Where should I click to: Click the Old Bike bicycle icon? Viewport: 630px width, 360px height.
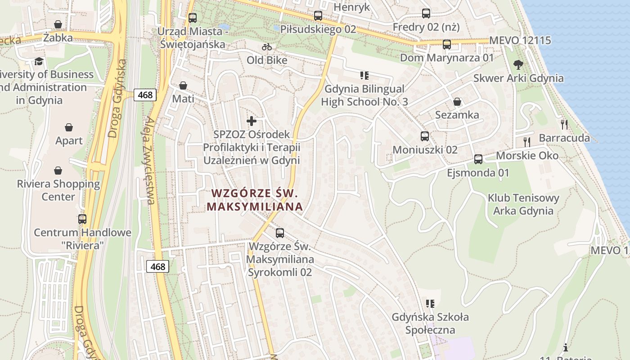coord(267,47)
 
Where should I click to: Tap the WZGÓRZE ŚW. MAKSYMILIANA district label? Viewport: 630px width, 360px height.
coord(255,200)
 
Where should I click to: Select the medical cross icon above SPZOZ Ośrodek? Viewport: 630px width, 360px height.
coord(252,121)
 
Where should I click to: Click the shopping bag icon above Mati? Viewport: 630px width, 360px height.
coord(183,85)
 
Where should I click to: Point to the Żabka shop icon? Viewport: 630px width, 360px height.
coord(58,24)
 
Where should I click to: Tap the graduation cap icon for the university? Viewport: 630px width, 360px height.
coord(39,61)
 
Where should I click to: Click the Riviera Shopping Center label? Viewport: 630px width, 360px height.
coord(58,190)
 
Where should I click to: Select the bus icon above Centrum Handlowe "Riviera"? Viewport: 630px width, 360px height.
coord(82,219)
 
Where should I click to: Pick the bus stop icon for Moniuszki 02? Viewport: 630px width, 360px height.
coord(424,136)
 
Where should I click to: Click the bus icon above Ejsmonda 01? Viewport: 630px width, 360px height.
coord(478,159)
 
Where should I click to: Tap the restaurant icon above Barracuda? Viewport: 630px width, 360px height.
coord(564,124)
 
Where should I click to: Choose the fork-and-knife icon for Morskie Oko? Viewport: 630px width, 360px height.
coord(527,142)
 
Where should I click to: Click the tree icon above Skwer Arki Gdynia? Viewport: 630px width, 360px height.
coord(518,64)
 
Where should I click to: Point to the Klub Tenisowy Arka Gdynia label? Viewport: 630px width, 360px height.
coord(523,204)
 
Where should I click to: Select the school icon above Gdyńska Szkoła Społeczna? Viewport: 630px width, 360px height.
coord(430,304)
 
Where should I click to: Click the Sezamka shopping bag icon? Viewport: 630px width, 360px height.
coord(457,102)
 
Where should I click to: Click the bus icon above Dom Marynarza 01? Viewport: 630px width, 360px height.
coord(446,45)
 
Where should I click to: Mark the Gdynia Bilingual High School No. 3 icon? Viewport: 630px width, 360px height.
coord(364,75)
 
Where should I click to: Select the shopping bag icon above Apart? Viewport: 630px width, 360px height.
coord(69,127)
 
